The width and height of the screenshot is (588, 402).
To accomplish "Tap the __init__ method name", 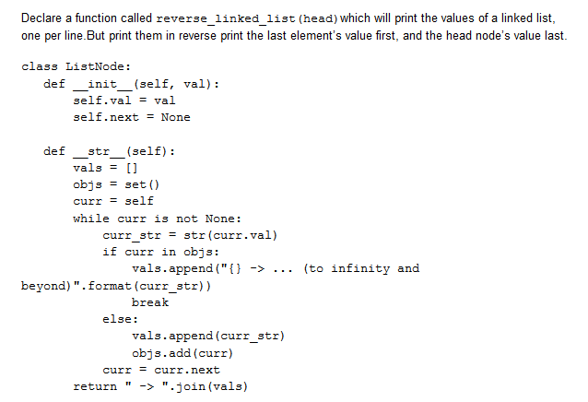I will (x=101, y=84).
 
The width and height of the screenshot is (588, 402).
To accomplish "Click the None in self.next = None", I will (x=175, y=117).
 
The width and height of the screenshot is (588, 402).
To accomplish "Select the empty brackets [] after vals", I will (x=130, y=168).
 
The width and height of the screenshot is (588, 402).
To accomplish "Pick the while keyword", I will (x=91, y=218).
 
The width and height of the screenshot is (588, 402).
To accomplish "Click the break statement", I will (x=150, y=302).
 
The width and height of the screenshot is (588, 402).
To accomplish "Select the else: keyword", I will (x=121, y=319).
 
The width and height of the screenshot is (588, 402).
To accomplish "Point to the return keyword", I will (x=95, y=386).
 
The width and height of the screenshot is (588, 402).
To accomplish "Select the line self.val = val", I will (x=123, y=100).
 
